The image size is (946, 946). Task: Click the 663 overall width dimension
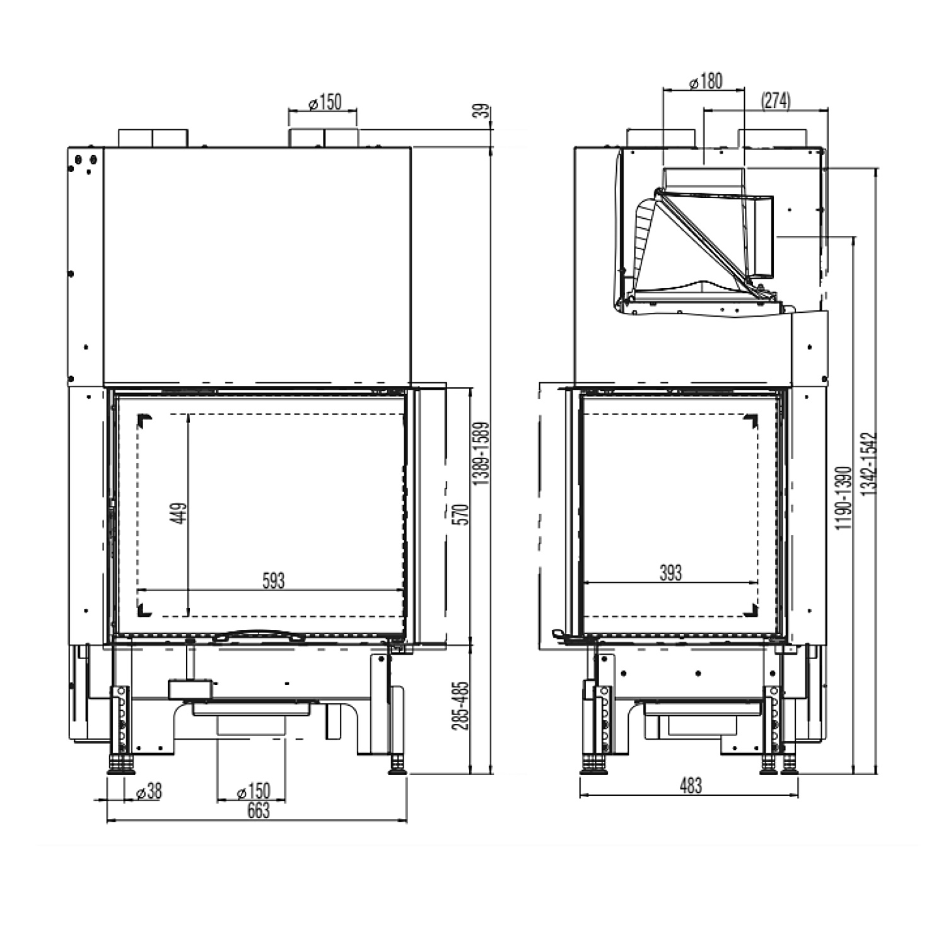pos(258,810)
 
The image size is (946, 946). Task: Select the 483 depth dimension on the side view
pos(691,786)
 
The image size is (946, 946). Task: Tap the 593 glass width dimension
pos(273,580)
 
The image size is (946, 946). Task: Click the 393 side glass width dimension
pos(670,573)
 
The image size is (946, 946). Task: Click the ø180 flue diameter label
pos(705,81)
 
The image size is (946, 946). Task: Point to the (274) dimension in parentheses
pos(776,101)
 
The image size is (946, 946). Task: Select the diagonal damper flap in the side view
pos(709,240)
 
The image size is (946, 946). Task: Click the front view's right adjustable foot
pos(398,765)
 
